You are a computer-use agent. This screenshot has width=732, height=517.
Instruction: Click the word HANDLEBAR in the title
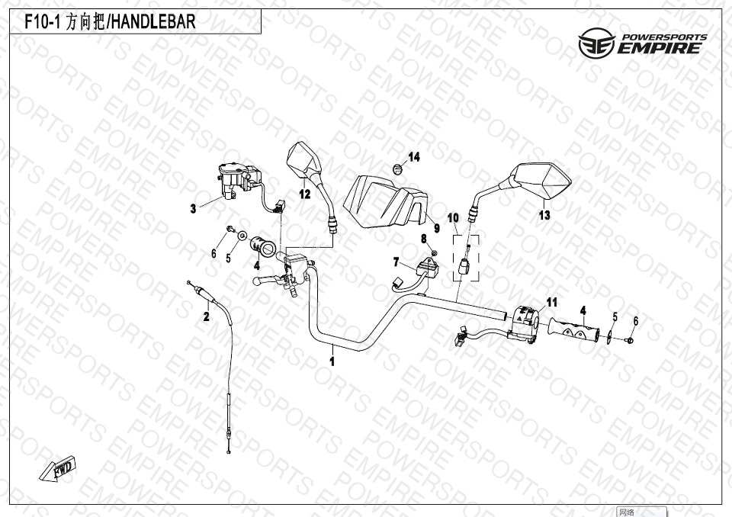[x=153, y=22]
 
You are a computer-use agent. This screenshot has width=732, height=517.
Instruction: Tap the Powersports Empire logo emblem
[x=596, y=43]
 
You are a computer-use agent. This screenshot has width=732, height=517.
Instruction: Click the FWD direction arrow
[x=57, y=468]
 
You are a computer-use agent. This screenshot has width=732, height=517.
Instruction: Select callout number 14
[x=414, y=157]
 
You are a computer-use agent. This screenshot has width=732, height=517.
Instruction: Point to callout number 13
[x=544, y=215]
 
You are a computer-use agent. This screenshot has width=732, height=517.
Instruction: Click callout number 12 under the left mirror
[x=305, y=194]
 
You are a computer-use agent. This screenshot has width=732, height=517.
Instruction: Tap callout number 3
[x=193, y=209]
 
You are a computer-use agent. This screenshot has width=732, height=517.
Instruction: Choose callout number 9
[x=437, y=228]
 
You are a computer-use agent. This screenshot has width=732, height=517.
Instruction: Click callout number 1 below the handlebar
[x=332, y=362]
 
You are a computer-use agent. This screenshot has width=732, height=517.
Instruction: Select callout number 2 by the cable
[x=207, y=317]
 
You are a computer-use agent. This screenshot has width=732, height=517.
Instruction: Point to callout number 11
[x=552, y=303]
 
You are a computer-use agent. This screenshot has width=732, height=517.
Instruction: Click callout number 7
[x=396, y=262]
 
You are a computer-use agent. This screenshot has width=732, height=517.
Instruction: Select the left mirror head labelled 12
[x=303, y=159]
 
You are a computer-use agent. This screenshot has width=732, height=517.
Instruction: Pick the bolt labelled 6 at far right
[x=631, y=340]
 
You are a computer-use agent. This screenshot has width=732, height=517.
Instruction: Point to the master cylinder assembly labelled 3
[x=238, y=180]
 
